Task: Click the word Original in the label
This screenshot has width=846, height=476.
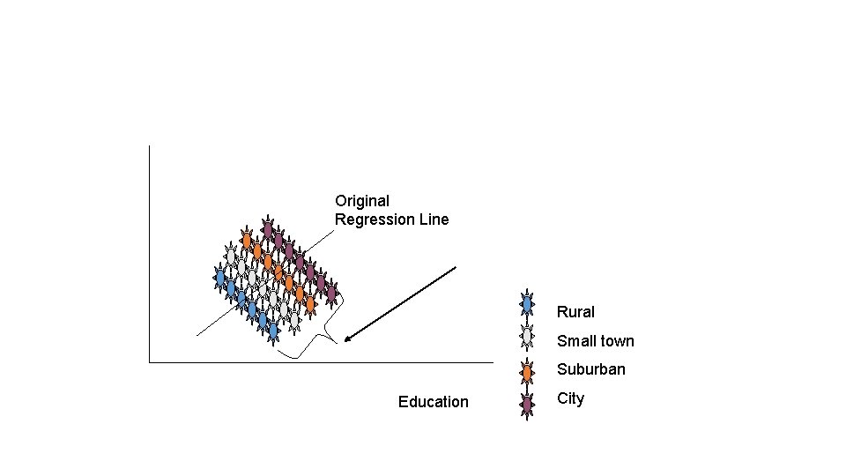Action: pyautogui.click(x=362, y=201)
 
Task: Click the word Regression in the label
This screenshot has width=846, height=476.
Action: pyautogui.click(x=375, y=219)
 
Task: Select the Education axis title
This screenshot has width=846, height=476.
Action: pyautogui.click(x=433, y=402)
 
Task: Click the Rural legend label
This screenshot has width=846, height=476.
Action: pyautogui.click(x=575, y=312)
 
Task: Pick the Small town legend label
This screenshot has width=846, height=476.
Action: pyautogui.click(x=595, y=341)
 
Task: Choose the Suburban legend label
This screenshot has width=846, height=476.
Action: pyautogui.click(x=590, y=369)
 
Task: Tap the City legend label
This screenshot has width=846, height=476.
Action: pyautogui.click(x=570, y=398)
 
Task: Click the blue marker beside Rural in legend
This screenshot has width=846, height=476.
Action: pyautogui.click(x=527, y=303)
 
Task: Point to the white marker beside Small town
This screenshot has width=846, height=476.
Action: pyautogui.click(x=527, y=336)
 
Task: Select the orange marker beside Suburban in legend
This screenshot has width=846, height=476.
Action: pyautogui.click(x=527, y=370)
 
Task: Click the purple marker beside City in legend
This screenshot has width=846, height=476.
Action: pyautogui.click(x=527, y=404)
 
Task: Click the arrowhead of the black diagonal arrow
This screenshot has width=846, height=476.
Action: pyautogui.click(x=347, y=339)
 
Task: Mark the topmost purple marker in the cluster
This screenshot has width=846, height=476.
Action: pyautogui.click(x=268, y=229)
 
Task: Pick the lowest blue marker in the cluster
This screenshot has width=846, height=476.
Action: pyautogui.click(x=273, y=330)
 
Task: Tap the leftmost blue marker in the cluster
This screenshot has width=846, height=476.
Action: pyautogui.click(x=220, y=278)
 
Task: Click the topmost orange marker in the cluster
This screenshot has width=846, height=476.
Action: pyautogui.click(x=247, y=240)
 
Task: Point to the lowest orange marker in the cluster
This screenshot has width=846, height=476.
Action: pyautogui.click(x=309, y=304)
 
